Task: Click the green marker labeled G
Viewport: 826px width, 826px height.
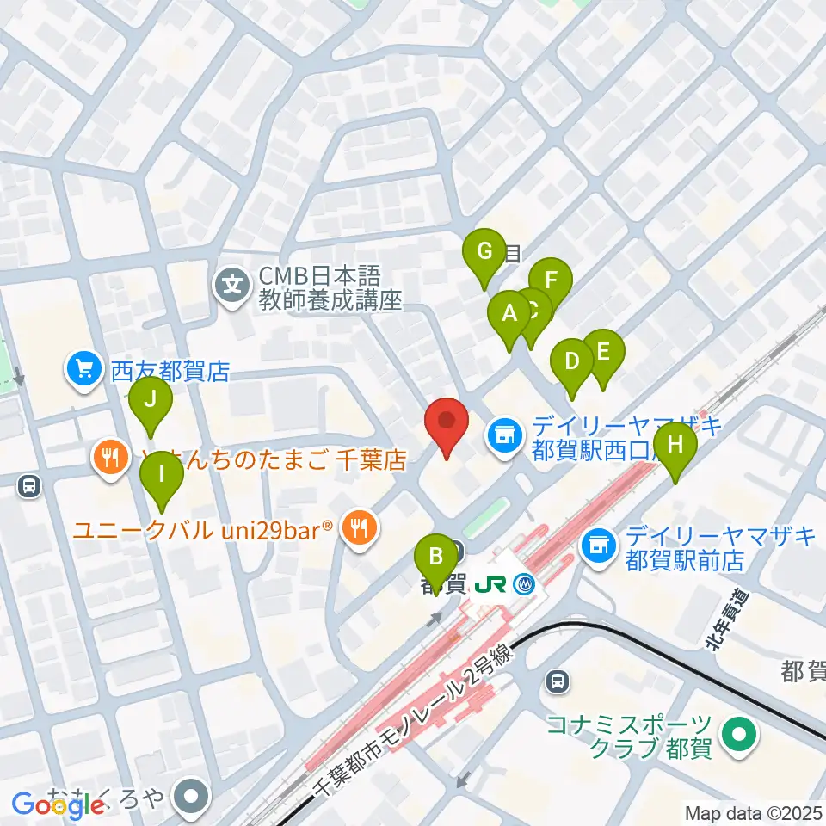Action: click(x=484, y=251)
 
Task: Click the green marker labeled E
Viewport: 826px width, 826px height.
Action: click(x=603, y=352)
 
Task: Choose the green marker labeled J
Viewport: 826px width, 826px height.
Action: click(x=151, y=399)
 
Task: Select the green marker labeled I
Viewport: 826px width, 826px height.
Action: click(x=161, y=475)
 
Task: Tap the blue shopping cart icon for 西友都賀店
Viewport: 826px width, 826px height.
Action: click(x=83, y=370)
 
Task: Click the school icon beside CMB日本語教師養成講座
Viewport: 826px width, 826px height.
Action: click(x=231, y=281)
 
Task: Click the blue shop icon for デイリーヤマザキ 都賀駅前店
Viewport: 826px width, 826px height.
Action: click(x=596, y=544)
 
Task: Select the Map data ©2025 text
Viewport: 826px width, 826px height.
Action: click(x=753, y=812)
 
